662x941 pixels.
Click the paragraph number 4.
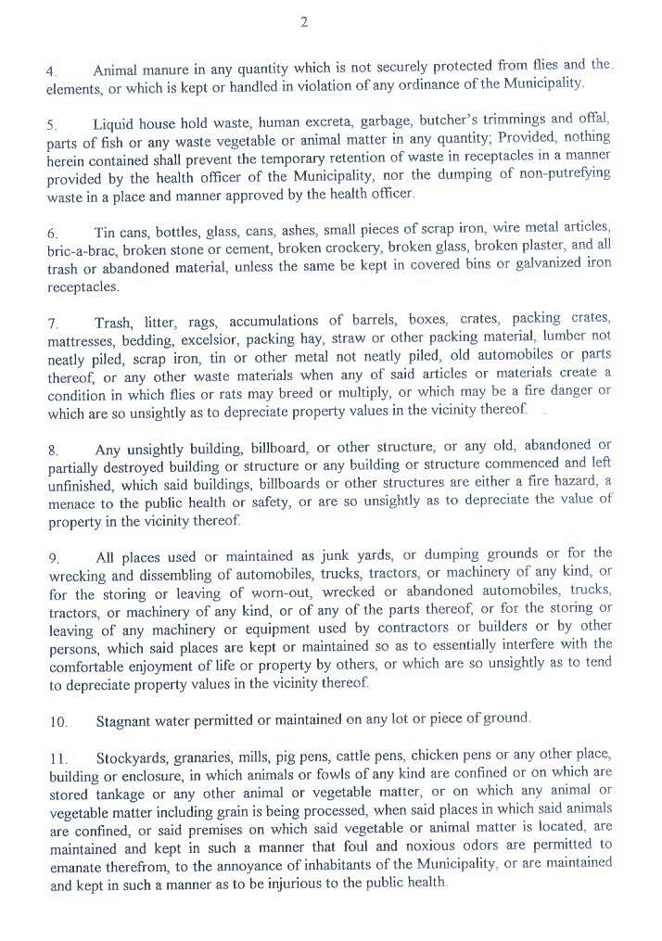point(51,70)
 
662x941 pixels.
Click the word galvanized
point(543,265)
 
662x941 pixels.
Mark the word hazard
point(578,482)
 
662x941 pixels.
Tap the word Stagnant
point(127,718)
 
